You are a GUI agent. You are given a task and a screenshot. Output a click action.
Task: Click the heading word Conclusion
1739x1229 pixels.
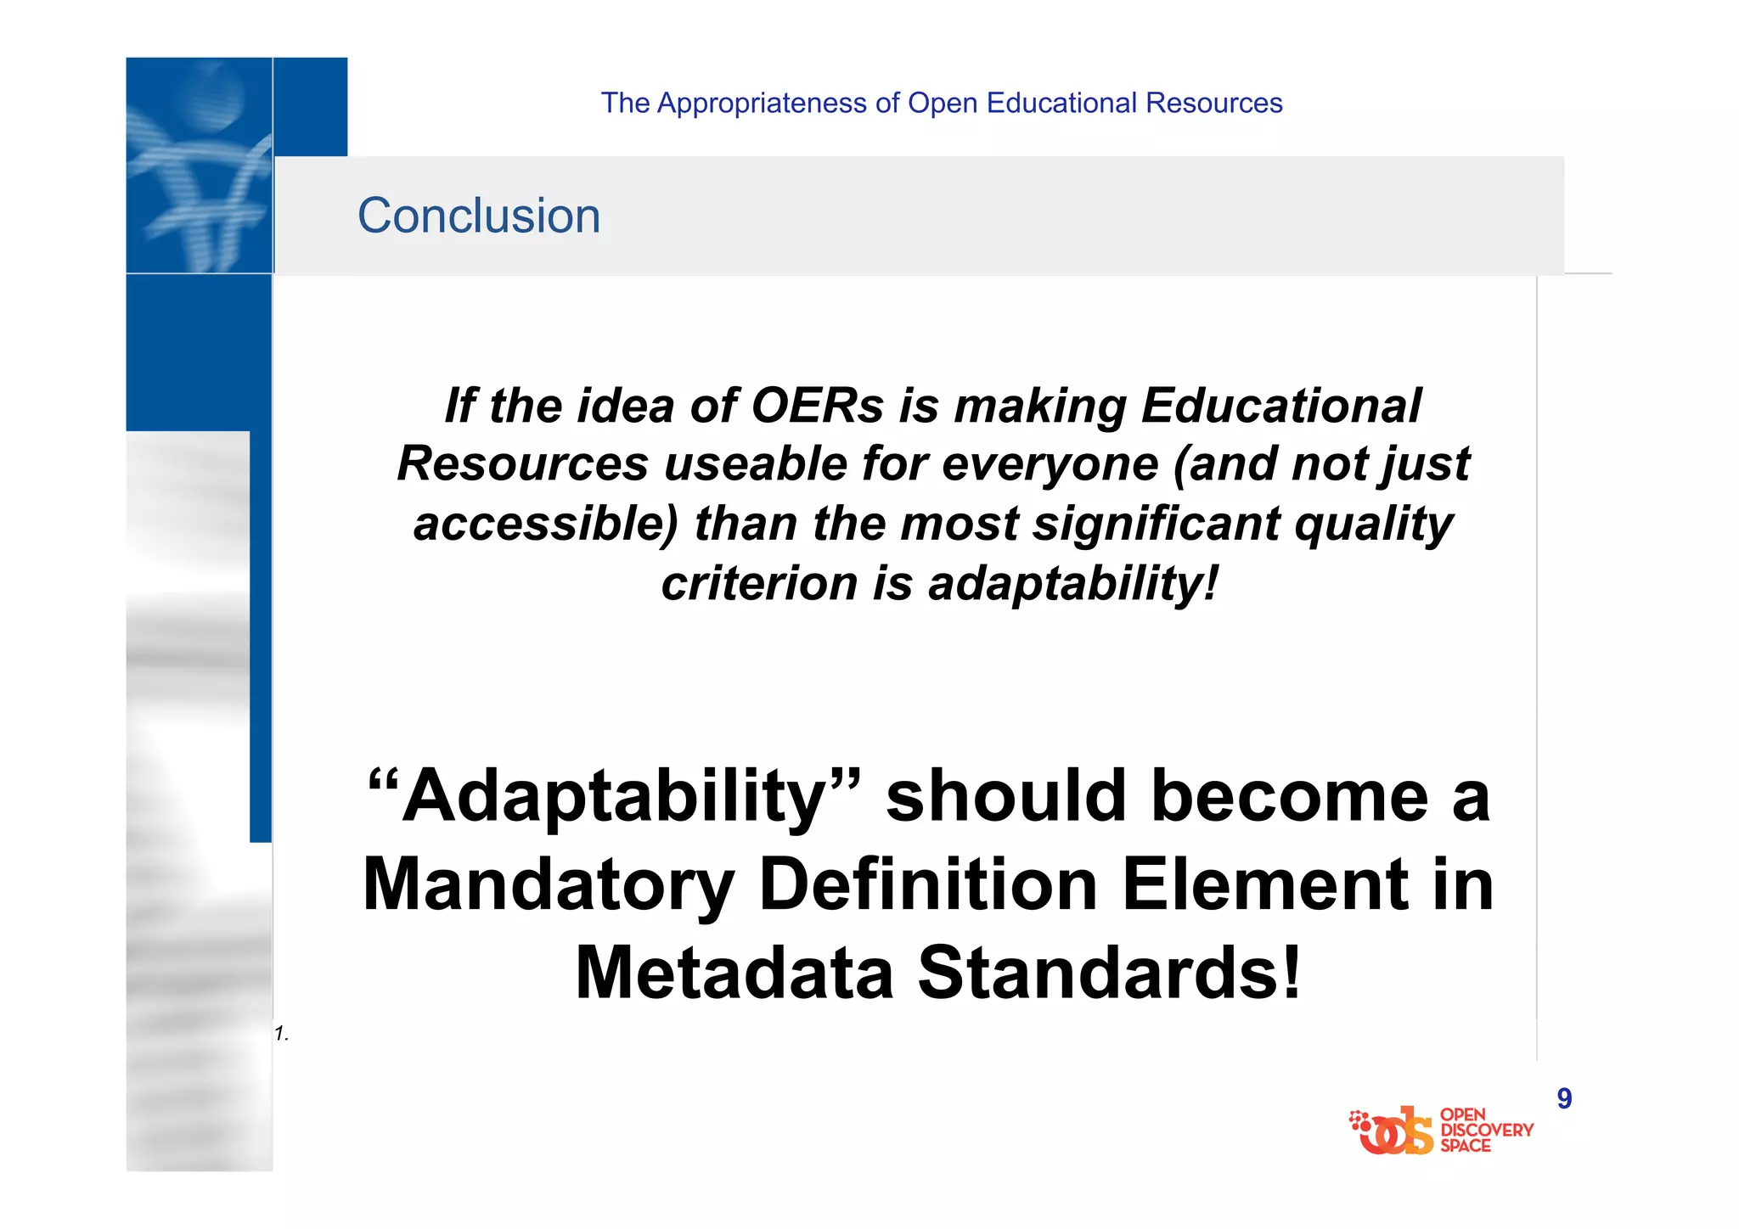coord(478,216)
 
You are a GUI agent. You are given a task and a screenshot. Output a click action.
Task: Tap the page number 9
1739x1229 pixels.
coord(1564,1098)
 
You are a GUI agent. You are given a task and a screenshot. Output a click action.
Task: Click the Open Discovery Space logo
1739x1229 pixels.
coord(1440,1131)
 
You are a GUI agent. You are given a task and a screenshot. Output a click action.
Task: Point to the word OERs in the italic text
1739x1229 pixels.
coord(818,405)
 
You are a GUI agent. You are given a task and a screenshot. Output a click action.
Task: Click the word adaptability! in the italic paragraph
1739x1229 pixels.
coord(1073,583)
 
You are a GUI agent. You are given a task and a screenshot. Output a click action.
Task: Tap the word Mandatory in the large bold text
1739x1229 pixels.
coord(549,884)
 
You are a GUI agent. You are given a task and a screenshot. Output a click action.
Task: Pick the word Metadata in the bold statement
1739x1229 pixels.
coord(734,973)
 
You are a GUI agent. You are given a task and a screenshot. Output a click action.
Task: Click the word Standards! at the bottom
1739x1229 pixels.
coord(1110,973)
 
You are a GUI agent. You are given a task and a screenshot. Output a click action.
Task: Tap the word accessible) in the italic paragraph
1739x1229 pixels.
coord(546,524)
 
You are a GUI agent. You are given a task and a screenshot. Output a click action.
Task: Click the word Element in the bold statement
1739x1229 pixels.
coord(1264,884)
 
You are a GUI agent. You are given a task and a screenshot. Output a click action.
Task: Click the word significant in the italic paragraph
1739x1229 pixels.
coord(1156,524)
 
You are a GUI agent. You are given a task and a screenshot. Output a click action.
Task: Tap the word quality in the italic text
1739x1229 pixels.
coord(1374,524)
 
